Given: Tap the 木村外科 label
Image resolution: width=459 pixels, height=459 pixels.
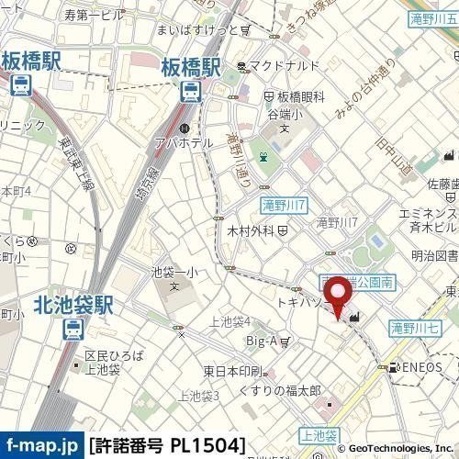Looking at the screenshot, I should pos(249,230).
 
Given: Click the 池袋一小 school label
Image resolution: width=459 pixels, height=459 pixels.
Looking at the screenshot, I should pos(174,273).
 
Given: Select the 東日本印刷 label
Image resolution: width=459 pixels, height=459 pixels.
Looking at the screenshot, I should pos(229,372).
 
